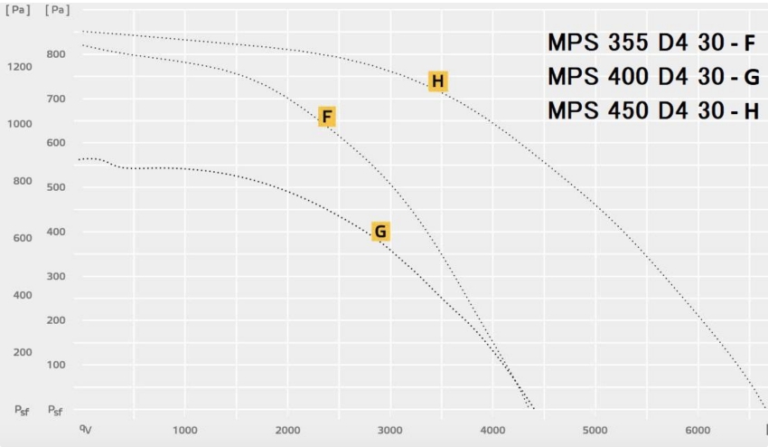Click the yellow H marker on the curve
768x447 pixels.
tap(438, 81)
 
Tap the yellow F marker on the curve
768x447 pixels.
tap(327, 116)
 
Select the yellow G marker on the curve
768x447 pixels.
tap(380, 232)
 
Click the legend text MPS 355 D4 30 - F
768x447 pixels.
tap(651, 43)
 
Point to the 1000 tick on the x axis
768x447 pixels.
tap(184, 429)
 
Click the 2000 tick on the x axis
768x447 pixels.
tap(287, 429)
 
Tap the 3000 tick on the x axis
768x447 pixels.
tap(389, 429)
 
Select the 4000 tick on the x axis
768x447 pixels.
tap(492, 429)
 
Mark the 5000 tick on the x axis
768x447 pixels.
tap(595, 429)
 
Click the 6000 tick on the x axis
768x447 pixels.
tap(698, 429)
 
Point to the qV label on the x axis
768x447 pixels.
tap(85, 428)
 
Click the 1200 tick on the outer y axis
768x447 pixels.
tap(19, 67)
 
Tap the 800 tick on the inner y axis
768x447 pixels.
tap(57, 54)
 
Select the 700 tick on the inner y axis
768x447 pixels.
tap(57, 99)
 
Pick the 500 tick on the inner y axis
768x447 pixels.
tap(57, 187)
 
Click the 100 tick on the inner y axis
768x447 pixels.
tap(57, 365)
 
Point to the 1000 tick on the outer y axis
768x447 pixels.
tap(19, 124)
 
